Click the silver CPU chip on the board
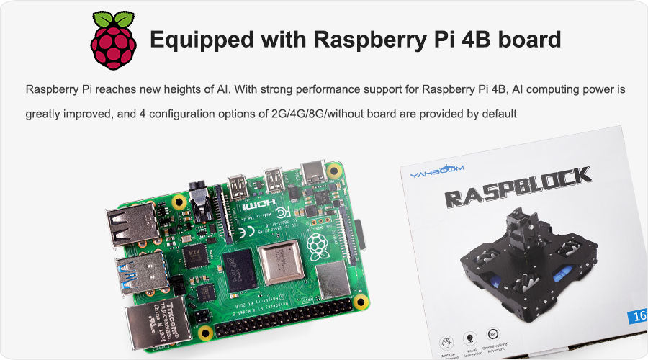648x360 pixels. pos(280,263)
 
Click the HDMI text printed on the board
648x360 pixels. pos(253,207)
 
